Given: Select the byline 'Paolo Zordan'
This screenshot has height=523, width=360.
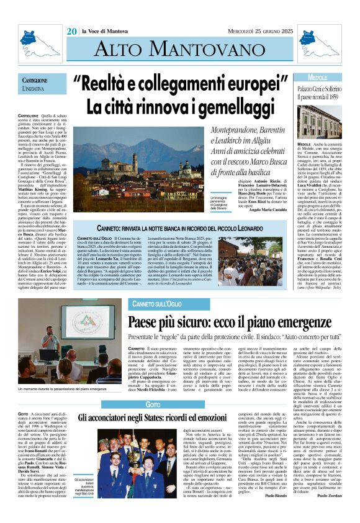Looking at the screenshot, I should point(332,513).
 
